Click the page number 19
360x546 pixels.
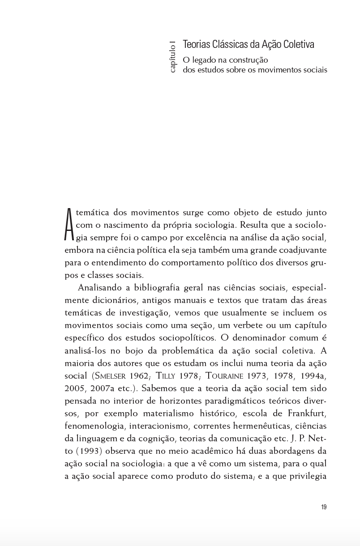click(324, 507)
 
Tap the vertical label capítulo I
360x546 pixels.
click(173, 57)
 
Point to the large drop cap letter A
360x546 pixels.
click(69, 225)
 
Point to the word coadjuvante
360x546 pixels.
click(296, 250)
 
